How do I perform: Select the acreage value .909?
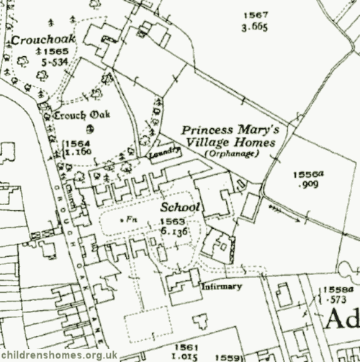(x=306, y=185)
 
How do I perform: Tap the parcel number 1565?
(x=55, y=53)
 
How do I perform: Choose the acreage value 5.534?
(x=55, y=63)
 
